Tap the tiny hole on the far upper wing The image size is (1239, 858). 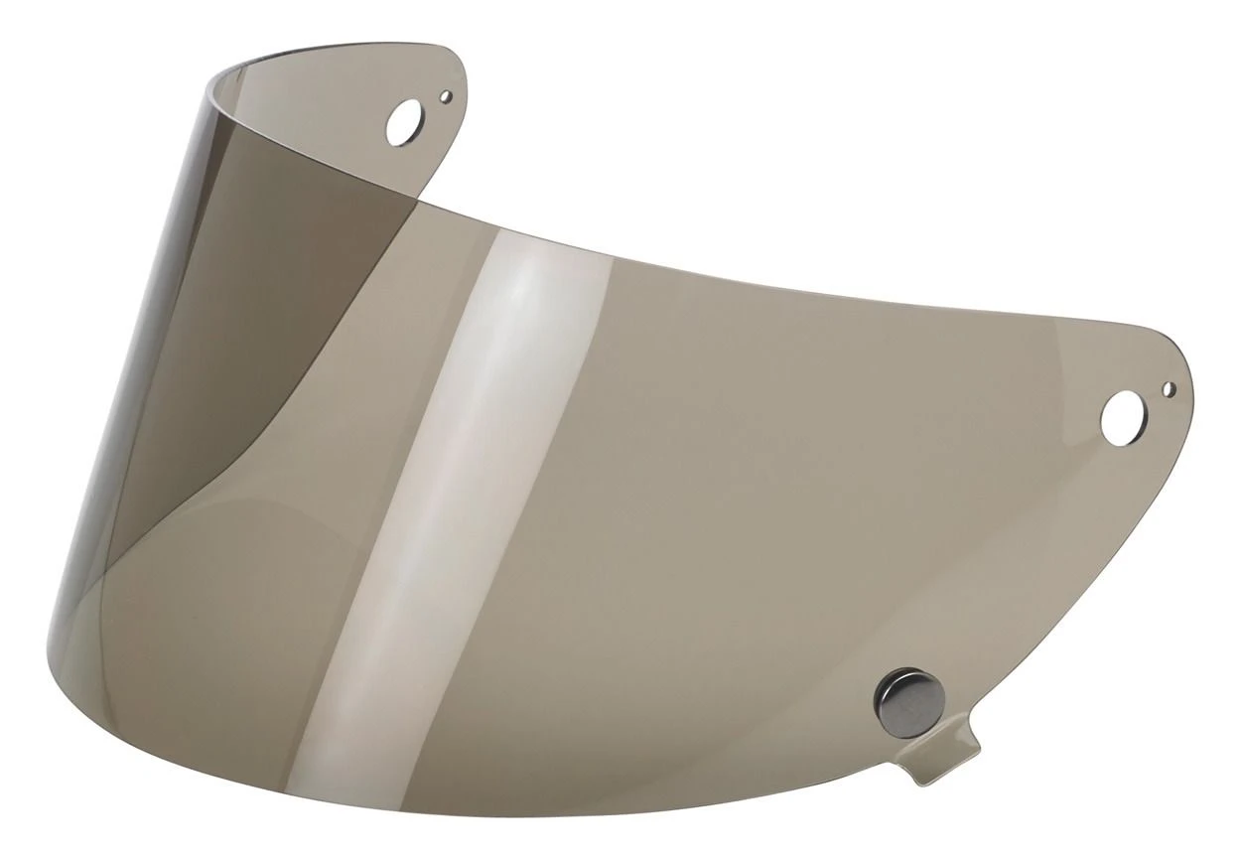coord(446,97)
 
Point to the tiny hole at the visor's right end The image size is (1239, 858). coord(1170,385)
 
